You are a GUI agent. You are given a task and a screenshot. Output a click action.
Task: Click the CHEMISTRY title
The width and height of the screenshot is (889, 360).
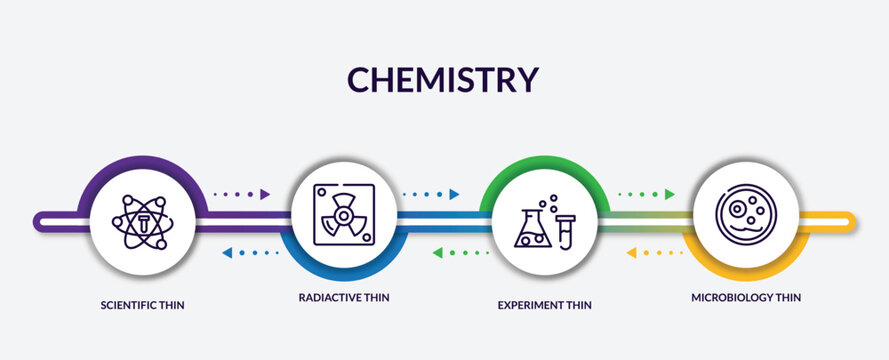[x=443, y=78]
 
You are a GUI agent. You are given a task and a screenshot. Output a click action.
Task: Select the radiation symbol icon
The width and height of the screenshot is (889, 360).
[x=342, y=213]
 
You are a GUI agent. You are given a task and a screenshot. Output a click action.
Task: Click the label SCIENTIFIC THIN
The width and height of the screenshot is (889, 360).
[x=141, y=304]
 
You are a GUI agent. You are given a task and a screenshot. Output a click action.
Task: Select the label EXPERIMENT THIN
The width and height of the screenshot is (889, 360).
[x=544, y=304]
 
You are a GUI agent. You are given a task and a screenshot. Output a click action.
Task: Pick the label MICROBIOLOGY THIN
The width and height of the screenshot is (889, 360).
[x=745, y=297]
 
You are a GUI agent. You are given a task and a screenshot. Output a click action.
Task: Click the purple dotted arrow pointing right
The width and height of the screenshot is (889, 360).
[x=243, y=194]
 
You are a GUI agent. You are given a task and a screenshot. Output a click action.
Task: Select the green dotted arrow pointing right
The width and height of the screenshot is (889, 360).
[x=646, y=194]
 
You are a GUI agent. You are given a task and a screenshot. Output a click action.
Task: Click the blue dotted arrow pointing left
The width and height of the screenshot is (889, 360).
[x=250, y=253]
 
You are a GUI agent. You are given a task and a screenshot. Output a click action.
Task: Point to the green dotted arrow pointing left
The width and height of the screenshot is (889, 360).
[x=461, y=253]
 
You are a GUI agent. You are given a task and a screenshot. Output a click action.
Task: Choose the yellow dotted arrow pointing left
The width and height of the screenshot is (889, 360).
[x=655, y=253]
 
